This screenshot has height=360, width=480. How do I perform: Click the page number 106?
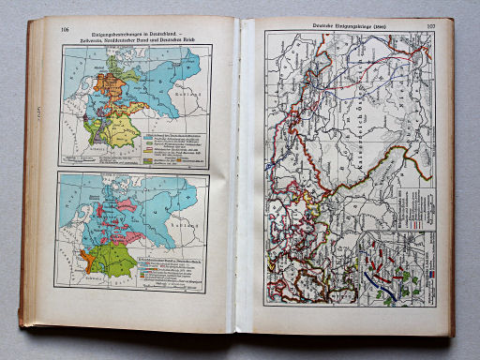point(65,30)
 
